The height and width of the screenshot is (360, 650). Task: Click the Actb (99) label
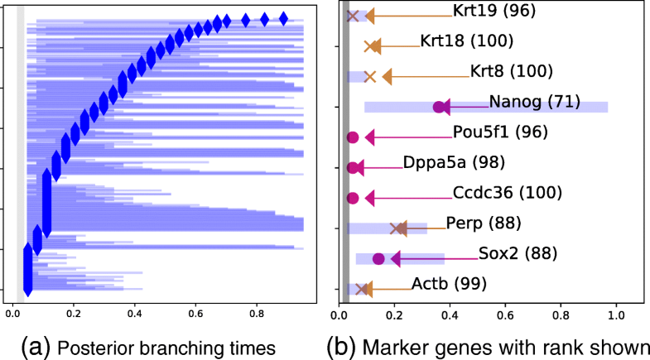click(x=461, y=284)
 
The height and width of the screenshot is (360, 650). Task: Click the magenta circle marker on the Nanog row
click(x=439, y=107)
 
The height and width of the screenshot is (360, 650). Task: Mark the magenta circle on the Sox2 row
click(x=379, y=259)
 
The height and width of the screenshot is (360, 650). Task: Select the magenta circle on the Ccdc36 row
click(x=353, y=198)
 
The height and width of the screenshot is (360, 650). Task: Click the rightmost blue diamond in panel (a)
click(x=283, y=18)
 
